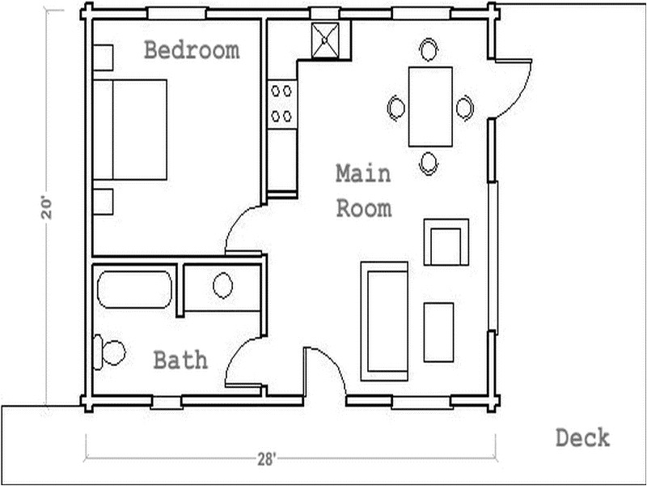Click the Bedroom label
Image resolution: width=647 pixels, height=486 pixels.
click(x=192, y=50)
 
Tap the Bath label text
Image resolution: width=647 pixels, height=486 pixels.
click(x=180, y=360)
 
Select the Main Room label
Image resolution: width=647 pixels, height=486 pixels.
click(x=363, y=191)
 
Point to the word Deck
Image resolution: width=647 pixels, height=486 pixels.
click(x=582, y=438)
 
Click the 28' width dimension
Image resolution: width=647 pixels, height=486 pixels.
click(x=267, y=459)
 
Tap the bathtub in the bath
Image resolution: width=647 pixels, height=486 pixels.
click(x=134, y=289)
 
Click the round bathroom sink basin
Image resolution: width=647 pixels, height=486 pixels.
click(x=222, y=285)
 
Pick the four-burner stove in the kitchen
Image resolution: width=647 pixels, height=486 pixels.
click(x=281, y=104)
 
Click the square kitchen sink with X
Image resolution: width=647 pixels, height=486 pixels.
click(x=328, y=40)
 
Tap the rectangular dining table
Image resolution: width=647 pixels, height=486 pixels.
click(x=430, y=107)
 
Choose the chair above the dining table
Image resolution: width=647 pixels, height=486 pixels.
click(x=429, y=50)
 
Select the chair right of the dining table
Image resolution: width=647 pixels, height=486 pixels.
click(x=464, y=107)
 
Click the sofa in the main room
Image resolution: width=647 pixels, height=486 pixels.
click(x=384, y=320)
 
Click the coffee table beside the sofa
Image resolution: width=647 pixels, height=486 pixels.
click(x=438, y=332)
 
